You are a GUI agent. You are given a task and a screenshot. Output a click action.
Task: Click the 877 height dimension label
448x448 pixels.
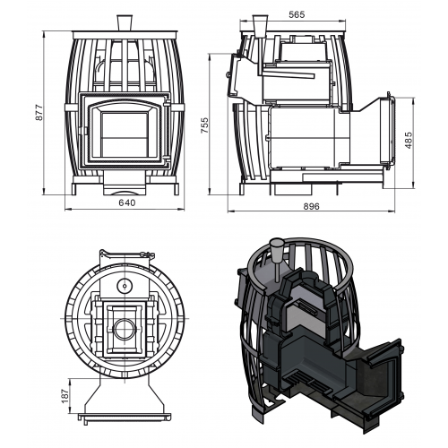point(39,113)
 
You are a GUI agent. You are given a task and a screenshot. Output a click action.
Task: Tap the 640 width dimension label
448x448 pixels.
point(127,202)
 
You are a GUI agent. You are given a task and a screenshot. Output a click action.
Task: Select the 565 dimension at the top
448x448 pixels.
point(297,14)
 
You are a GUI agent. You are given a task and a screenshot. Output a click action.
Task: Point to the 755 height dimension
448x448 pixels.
point(204,125)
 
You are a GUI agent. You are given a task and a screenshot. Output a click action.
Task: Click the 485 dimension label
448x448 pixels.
point(409,140)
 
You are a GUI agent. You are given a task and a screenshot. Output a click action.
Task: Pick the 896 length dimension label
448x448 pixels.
point(312,206)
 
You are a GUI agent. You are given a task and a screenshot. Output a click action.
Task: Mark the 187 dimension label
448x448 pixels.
point(65,396)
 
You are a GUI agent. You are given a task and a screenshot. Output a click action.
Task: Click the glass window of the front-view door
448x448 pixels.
point(125,134)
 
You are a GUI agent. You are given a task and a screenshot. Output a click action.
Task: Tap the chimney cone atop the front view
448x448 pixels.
point(125,22)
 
